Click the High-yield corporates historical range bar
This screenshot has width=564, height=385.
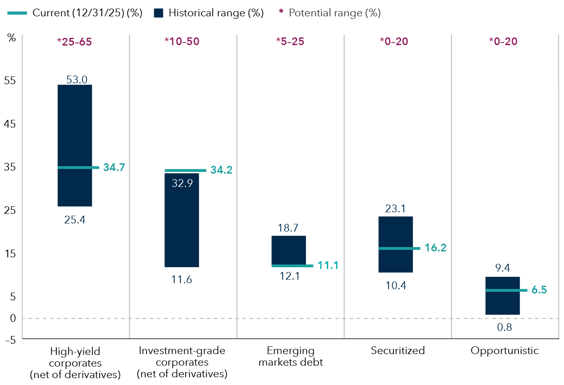(75, 129)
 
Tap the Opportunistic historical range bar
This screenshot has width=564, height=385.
(502, 303)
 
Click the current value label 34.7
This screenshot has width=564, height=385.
(114, 168)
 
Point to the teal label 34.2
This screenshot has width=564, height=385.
(221, 170)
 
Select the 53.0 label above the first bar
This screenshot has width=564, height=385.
(77, 79)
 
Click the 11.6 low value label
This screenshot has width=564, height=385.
(182, 280)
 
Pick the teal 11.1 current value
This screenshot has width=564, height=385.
(328, 266)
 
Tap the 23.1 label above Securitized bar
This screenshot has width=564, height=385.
(395, 209)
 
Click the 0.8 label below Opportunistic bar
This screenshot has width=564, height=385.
(504, 327)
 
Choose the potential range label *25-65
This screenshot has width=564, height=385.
(75, 42)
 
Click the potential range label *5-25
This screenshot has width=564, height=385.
(290, 42)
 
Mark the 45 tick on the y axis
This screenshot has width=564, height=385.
(10, 124)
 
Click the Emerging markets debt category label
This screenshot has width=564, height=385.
(290, 356)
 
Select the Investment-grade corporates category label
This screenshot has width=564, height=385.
(182, 362)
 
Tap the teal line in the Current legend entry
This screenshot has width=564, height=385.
(17, 13)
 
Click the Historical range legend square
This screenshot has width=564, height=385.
(158, 13)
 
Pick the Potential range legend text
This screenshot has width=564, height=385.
(335, 13)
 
